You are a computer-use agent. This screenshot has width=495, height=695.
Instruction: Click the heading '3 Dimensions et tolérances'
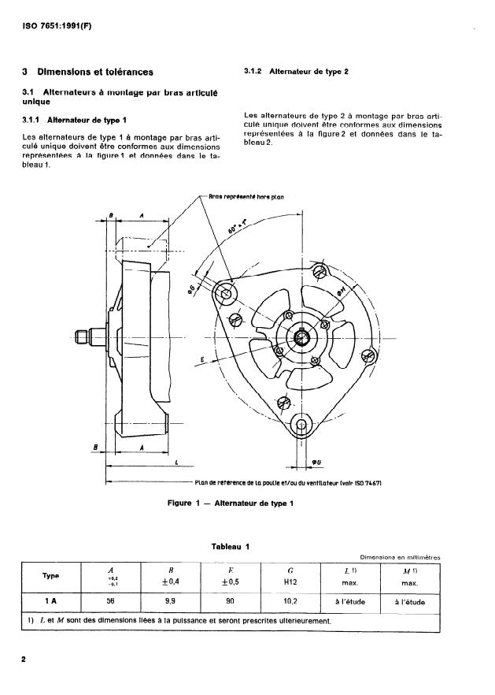point(88,72)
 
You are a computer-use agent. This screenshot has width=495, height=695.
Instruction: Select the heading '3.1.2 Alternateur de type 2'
point(297,72)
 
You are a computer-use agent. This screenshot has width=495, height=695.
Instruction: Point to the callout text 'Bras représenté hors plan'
point(246,197)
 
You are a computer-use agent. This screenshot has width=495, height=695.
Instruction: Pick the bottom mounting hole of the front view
point(302,426)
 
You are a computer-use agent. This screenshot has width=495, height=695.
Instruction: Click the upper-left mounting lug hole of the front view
point(227,295)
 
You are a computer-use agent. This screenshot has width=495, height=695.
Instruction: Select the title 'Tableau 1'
point(230,546)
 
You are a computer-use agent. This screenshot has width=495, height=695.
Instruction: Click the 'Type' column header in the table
point(50,575)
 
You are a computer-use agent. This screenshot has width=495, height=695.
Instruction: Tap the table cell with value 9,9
point(170,600)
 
